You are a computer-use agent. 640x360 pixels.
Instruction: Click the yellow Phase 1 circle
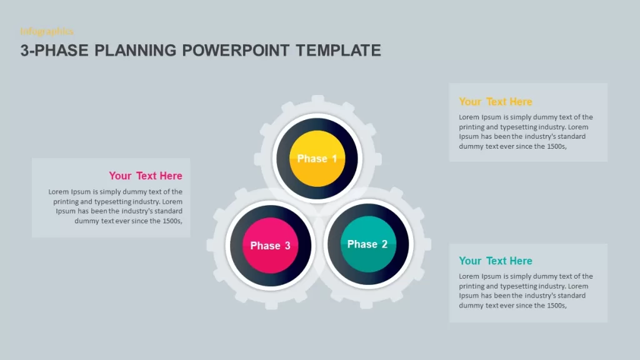(317, 158)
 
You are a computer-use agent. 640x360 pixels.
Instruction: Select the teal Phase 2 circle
(368, 244)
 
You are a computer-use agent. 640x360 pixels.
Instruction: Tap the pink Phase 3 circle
(270, 245)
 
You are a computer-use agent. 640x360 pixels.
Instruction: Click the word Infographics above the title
(47, 31)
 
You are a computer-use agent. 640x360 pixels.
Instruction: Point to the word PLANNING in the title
(135, 51)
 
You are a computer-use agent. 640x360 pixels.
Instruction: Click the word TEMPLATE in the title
(338, 51)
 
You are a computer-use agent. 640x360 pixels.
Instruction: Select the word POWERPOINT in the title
(236, 51)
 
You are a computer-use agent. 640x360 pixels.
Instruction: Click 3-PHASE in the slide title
(54, 51)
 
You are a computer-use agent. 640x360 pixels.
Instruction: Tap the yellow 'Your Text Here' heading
(496, 102)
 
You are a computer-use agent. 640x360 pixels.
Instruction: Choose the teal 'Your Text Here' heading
(496, 261)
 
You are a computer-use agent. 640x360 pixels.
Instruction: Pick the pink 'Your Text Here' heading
(146, 176)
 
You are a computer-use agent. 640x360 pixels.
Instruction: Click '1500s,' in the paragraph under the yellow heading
(557, 146)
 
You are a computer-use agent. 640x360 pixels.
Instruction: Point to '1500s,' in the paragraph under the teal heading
(557, 306)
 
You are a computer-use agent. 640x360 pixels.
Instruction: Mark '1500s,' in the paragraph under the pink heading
(172, 221)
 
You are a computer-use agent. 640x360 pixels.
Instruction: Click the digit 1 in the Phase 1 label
(335, 159)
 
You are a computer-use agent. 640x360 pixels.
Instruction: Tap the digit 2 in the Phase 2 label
(384, 244)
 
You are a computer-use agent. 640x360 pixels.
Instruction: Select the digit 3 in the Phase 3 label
(287, 246)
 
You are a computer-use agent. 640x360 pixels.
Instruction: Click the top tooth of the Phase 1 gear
(317, 99)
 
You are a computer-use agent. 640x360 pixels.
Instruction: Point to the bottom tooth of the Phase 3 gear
(271, 305)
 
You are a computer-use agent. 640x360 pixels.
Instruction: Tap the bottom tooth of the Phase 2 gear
(366, 304)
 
